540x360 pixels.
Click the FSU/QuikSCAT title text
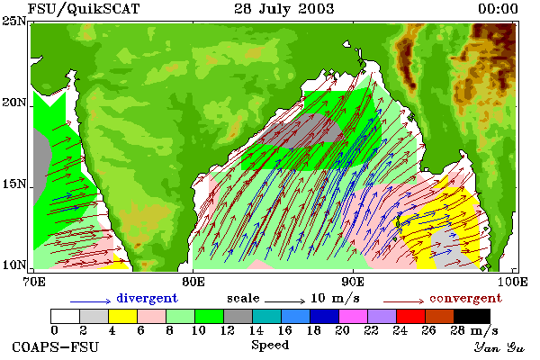pos(84,9)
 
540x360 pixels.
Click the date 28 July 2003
pos(284,9)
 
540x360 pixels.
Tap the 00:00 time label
pos(498,9)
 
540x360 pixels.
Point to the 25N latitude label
pos(14,22)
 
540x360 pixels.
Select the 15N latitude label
pos(14,184)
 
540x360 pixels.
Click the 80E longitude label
pos(193,282)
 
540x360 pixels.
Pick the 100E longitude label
pos(512,282)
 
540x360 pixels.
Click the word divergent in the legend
pos(147,298)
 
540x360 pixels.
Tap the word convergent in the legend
pos(465,298)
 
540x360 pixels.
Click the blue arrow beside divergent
pos(90,301)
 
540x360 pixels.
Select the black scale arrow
pos(284,301)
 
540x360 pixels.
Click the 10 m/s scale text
pos(335,298)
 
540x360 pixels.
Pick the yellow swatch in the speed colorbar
pos(123,316)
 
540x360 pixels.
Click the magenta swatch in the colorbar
pos(354,316)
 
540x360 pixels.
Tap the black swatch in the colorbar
pos(472,316)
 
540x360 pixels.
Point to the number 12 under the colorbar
pos(228,330)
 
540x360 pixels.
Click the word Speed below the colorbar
pos(270,346)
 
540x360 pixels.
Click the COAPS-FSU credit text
pos(55,346)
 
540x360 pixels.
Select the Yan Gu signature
pos(499,346)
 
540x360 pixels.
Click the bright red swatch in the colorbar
pos(411,316)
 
